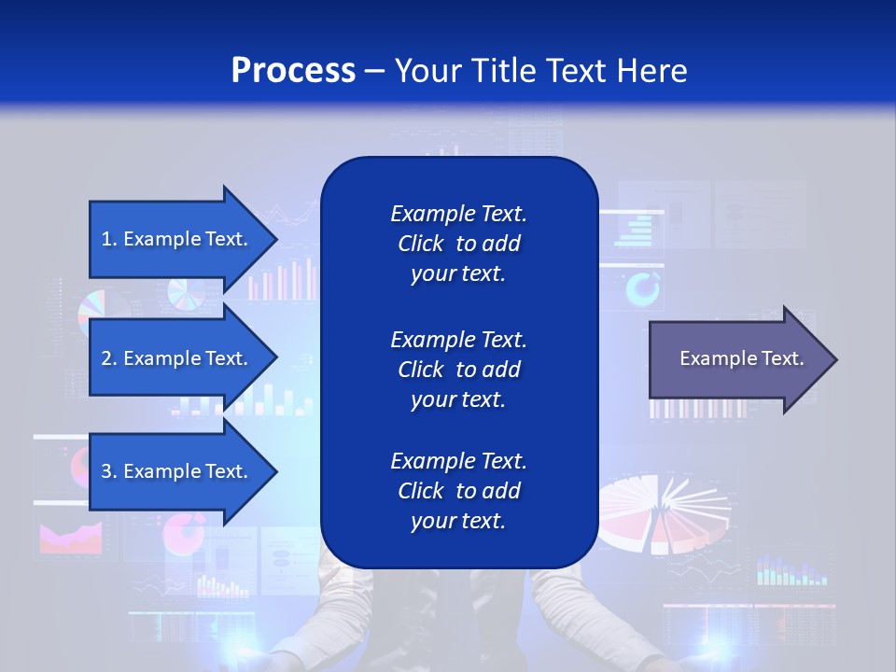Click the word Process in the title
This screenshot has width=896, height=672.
click(x=293, y=70)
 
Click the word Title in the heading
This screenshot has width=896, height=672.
click(x=505, y=70)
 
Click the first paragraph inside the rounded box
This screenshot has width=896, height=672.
click(x=458, y=244)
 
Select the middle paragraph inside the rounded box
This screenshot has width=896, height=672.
click(x=458, y=370)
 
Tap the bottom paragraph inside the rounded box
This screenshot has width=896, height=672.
click(x=458, y=491)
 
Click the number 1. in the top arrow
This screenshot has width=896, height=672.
click(x=109, y=239)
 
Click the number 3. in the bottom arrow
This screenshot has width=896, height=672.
click(x=109, y=471)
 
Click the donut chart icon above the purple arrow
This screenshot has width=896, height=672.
click(x=642, y=290)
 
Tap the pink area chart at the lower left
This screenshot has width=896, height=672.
click(x=70, y=539)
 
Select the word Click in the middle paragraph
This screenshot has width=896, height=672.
click(x=421, y=370)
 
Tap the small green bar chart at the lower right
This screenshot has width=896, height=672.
click(x=791, y=570)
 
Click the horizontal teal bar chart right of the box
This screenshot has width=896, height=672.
click(x=636, y=230)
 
